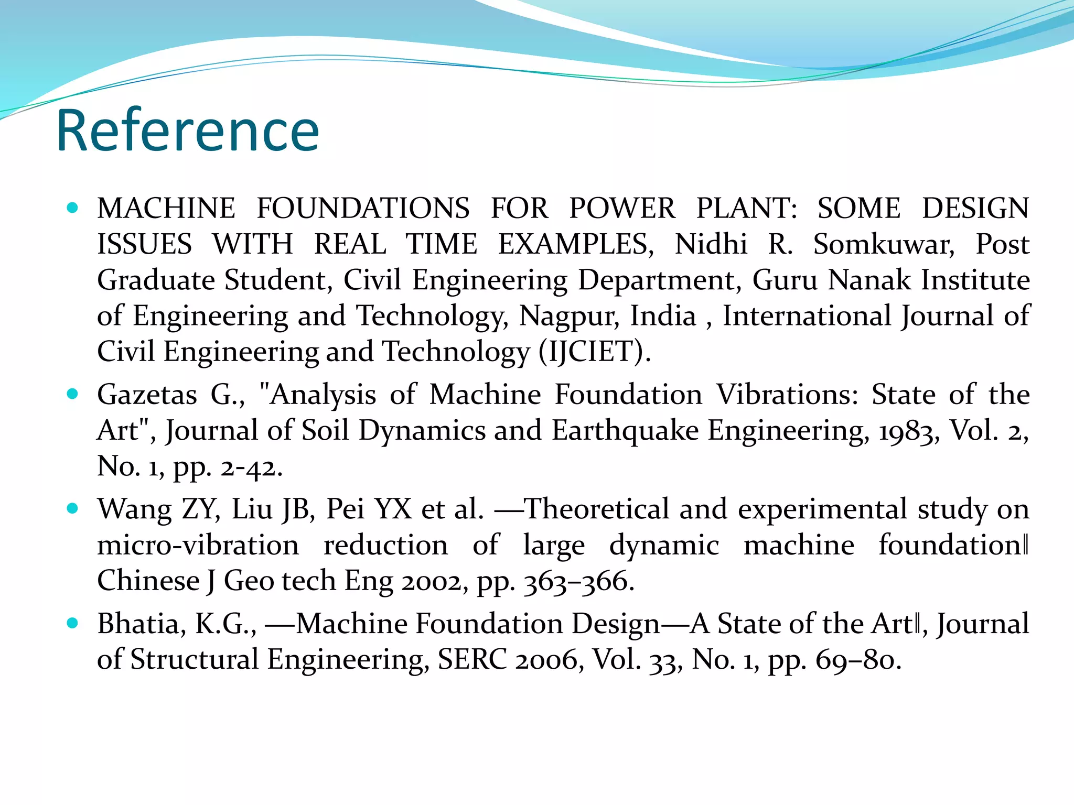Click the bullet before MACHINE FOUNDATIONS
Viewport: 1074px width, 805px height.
point(73,208)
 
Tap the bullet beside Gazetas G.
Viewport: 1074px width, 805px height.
point(73,394)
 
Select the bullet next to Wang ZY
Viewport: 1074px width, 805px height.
point(73,508)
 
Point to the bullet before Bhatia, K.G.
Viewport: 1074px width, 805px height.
point(73,623)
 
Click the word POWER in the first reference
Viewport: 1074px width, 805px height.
point(622,208)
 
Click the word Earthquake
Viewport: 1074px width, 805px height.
point(625,431)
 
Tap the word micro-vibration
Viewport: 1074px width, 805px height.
point(198,545)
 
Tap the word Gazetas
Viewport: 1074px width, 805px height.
point(147,394)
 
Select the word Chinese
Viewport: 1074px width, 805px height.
point(148,581)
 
